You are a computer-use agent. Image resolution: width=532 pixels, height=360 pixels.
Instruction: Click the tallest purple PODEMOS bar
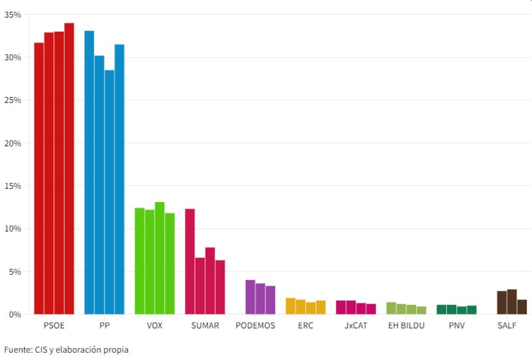point(250,297)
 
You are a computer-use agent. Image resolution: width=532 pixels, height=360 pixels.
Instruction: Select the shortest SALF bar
point(522,307)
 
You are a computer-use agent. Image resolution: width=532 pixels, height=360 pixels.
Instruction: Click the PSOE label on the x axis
point(54,325)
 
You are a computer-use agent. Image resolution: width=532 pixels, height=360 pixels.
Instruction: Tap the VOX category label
point(154,325)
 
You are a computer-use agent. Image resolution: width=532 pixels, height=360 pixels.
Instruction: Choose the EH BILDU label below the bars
point(406,325)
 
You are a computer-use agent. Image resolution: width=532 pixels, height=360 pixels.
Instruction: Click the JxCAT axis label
point(356,325)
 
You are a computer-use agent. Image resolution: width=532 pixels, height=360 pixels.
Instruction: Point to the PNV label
point(456,325)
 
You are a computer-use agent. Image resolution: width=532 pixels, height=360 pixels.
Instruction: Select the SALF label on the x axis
point(507,325)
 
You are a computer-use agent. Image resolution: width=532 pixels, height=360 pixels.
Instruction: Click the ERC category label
point(305,325)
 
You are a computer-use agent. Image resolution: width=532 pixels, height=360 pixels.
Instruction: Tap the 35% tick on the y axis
point(13,15)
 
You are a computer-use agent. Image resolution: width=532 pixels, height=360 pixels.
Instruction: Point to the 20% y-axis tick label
point(13,143)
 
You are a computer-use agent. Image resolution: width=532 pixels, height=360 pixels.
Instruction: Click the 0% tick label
point(15,314)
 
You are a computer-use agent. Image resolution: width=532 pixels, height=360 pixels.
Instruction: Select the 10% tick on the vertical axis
point(13,228)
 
